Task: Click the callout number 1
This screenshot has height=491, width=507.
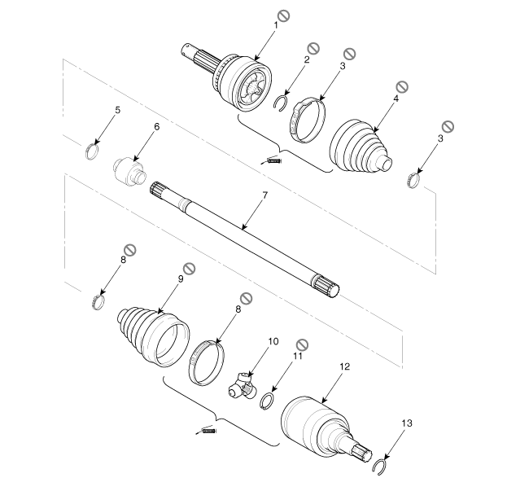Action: pyautogui.click(x=276, y=25)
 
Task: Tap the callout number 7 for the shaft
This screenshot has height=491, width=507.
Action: pyautogui.click(x=265, y=195)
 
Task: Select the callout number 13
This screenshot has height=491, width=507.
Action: pyautogui.click(x=407, y=423)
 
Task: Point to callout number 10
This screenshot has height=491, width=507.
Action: pyautogui.click(x=273, y=341)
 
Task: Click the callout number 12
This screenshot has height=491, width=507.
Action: pyautogui.click(x=345, y=366)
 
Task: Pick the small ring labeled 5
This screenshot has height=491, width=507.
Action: pyautogui.click(x=92, y=151)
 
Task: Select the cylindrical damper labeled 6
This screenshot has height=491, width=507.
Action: pyautogui.click(x=129, y=171)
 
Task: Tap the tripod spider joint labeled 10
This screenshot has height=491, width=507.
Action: pyautogui.click(x=243, y=386)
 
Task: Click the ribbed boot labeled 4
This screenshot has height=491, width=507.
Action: pyautogui.click(x=361, y=147)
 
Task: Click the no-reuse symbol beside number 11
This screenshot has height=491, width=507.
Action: pyautogui.click(x=303, y=344)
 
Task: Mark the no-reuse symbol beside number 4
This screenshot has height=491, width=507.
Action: pyautogui.click(x=402, y=86)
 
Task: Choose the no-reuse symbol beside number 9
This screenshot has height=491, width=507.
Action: pyautogui.click(x=189, y=269)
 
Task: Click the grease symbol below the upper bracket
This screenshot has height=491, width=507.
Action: pyautogui.click(x=272, y=160)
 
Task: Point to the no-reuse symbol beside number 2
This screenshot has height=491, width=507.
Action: pyautogui.click(x=313, y=49)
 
